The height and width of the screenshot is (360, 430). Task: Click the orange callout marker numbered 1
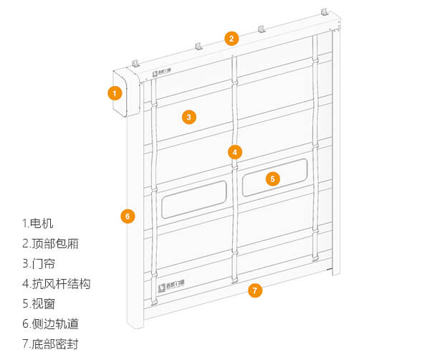coord(114,93)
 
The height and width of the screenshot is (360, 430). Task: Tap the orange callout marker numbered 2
coord(231,39)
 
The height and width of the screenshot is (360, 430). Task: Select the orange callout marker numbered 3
coord(188,117)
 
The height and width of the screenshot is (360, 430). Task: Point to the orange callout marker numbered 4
coord(235,152)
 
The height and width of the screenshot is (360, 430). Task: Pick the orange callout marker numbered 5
coord(272,179)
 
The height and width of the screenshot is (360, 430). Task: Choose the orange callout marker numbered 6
coord(128,215)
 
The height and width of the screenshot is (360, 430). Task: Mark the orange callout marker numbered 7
coord(254,290)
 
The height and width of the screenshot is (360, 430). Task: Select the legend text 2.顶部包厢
coord(50,243)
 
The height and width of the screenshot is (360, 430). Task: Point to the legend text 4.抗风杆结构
coord(57,283)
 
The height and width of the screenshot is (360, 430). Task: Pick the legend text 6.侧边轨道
coord(50,323)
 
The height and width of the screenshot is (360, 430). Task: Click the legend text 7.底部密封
coord(50,344)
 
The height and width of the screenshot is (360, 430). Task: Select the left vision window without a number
coord(193,199)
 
